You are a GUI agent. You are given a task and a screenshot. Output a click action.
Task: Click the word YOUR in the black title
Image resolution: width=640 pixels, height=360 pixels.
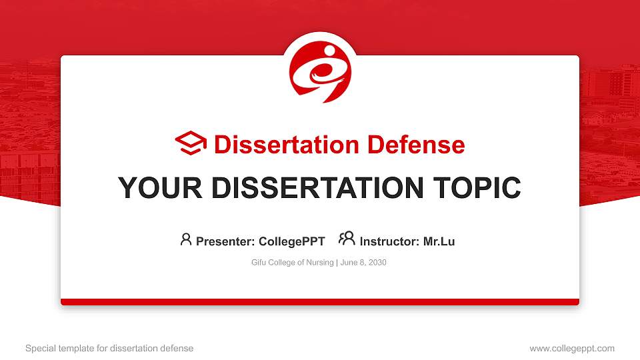pos(154,189)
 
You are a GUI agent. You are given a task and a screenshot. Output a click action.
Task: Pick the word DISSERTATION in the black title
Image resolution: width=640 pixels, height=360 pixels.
pos(313,189)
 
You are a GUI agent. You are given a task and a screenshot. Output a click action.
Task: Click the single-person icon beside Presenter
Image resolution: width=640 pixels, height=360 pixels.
pos(186,239)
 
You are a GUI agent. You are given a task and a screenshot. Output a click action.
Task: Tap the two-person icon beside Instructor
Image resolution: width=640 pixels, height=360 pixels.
pos(347,239)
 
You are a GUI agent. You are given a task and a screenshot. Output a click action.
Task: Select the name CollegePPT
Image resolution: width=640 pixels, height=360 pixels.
pos(293,241)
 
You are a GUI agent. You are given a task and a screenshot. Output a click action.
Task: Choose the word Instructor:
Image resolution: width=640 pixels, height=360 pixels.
pos(389,241)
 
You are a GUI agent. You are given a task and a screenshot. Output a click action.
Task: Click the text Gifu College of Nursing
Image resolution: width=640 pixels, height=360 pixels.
pos(292,263)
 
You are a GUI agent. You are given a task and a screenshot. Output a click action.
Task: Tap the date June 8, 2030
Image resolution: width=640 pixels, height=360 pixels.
pos(363,263)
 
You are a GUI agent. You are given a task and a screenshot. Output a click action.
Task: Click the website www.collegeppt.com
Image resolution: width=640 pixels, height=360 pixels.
pos(571,348)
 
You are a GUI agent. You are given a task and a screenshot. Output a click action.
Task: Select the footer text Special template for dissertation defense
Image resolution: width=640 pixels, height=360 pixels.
pos(109,348)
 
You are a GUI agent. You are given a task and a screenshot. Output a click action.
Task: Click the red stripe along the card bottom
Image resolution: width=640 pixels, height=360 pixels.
pos(320,302)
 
